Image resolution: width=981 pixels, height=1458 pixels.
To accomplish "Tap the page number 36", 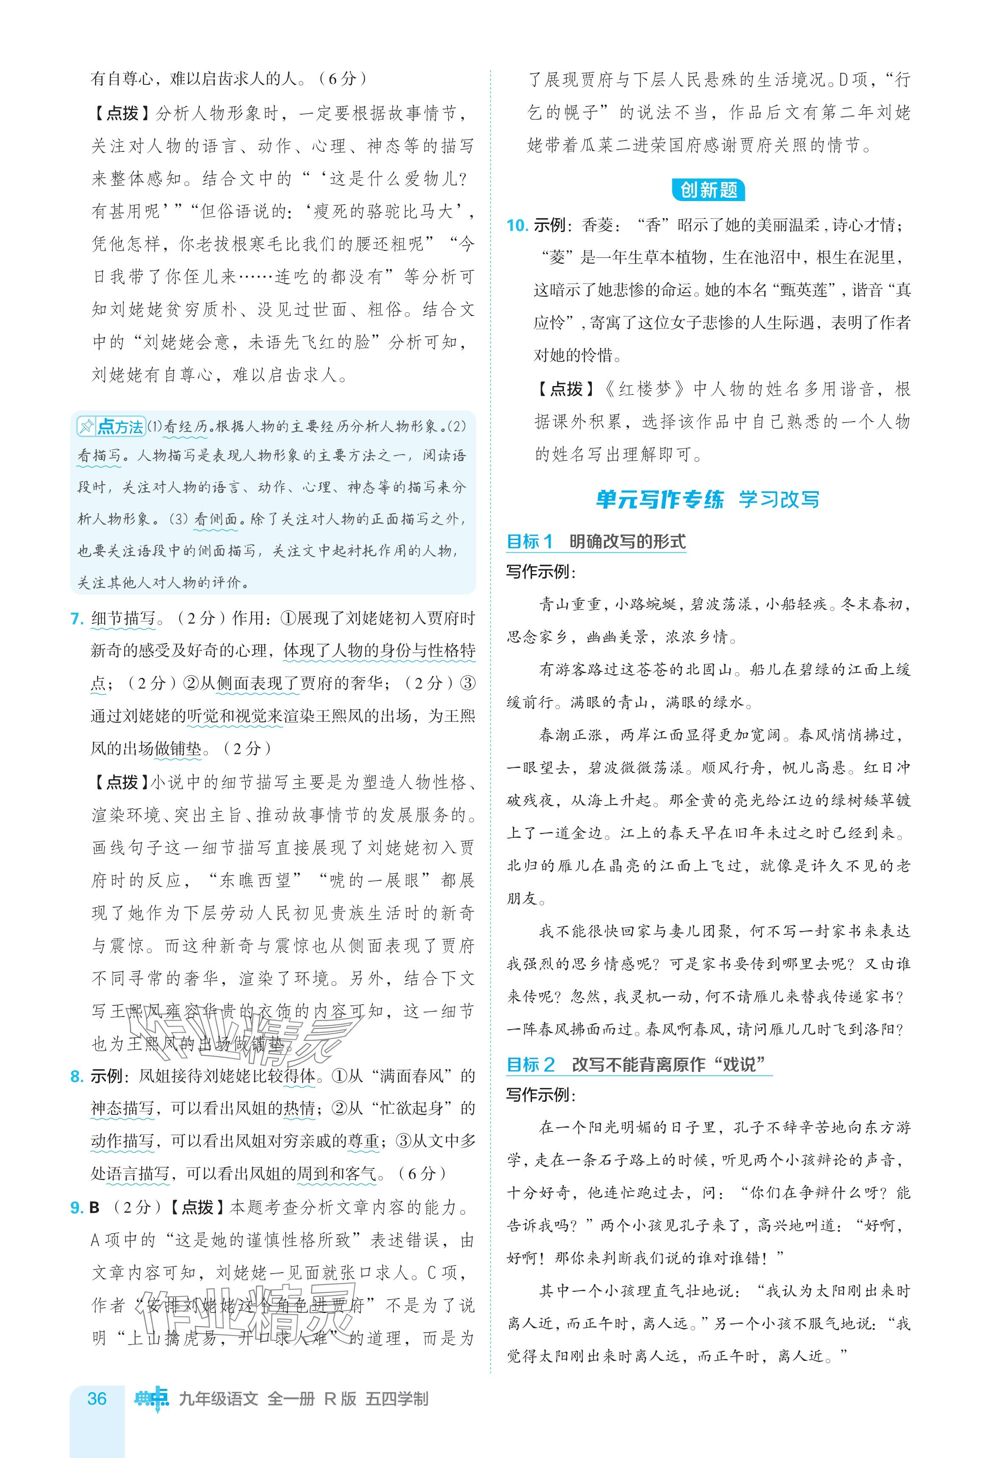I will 97,1399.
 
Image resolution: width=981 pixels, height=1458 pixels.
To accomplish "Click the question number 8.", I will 77,1076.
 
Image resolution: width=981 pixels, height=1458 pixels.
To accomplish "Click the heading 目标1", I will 529,542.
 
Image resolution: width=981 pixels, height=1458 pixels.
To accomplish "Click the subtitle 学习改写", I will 778,500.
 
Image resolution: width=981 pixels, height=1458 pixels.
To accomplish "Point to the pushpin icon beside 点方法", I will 86,427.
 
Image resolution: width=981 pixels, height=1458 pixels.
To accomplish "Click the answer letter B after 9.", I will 95,1208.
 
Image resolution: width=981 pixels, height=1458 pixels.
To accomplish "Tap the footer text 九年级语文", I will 218,1399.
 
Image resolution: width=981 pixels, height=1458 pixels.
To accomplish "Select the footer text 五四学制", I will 397,1399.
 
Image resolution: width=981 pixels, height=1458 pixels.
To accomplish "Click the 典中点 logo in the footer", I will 151,1399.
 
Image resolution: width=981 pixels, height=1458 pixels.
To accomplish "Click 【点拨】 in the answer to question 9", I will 197,1208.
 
